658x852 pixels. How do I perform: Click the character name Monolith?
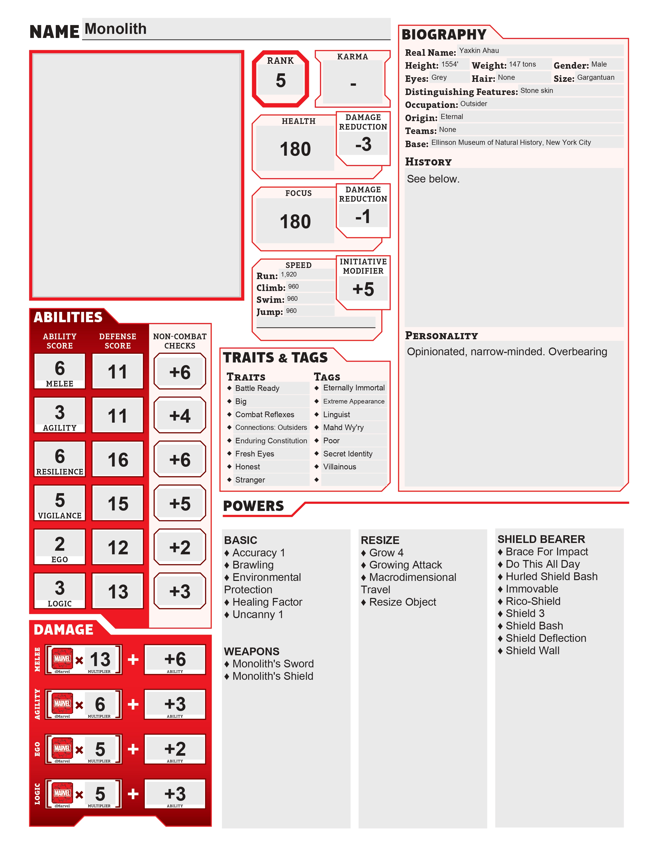pos(115,29)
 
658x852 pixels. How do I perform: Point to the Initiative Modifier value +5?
pos(363,289)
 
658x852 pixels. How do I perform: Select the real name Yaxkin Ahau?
pos(479,51)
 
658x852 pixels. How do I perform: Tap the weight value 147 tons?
pos(522,64)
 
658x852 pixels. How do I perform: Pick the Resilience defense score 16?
pos(118,460)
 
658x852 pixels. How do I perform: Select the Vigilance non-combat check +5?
pos(180,504)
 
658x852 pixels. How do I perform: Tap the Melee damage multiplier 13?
pos(100,660)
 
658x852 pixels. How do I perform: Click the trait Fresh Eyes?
pos(254,454)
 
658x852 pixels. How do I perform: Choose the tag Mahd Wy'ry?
pos(343,428)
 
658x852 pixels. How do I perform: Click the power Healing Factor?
pos(267,602)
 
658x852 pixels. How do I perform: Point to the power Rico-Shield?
pos(533,601)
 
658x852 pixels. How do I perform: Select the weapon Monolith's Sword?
pos(273,664)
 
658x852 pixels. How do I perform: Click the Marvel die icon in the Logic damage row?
pos(62,793)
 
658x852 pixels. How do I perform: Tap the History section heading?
pos(428,162)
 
